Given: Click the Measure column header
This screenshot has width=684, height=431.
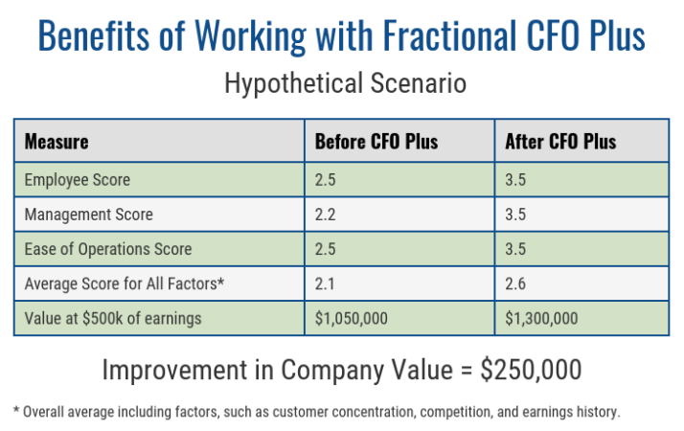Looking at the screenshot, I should tap(57, 142).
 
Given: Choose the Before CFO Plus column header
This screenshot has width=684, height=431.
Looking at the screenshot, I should tap(376, 142).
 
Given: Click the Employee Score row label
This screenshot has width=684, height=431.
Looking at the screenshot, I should tap(78, 180).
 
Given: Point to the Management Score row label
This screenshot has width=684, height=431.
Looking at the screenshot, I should tap(88, 215).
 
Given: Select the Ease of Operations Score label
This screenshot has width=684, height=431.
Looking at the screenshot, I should tap(108, 249).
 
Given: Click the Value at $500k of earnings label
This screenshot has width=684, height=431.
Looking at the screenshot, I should tap(113, 318).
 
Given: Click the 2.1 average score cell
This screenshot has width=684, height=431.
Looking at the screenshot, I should tap(326, 284).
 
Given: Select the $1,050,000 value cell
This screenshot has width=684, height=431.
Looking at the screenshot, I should tap(352, 318).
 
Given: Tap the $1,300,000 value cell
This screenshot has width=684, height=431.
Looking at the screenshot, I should tap(542, 318).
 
